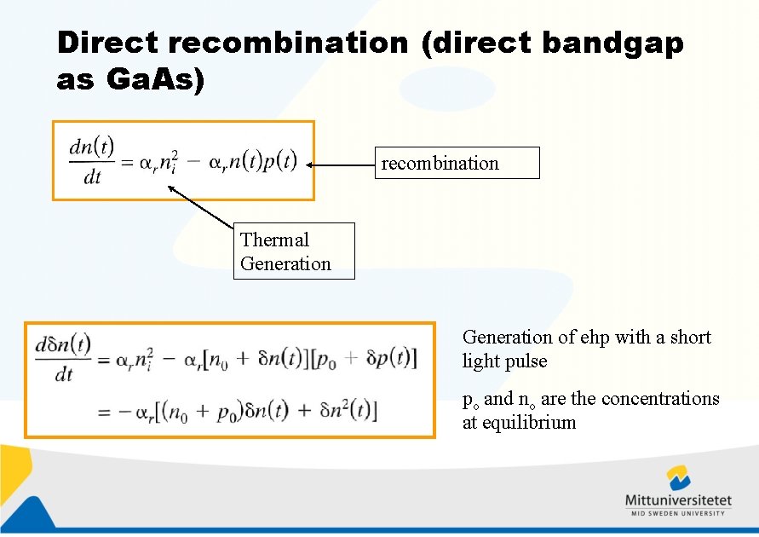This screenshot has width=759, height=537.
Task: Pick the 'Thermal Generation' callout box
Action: (x=294, y=251)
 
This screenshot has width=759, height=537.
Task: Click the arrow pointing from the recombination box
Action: (x=341, y=165)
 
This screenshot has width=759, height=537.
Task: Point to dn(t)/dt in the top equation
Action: (x=92, y=161)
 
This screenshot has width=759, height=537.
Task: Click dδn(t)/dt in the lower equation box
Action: (x=64, y=358)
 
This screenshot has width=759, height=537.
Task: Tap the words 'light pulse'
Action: (x=504, y=361)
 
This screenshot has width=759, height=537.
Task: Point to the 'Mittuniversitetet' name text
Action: (x=678, y=500)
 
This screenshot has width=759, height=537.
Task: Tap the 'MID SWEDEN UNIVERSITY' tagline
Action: (x=678, y=513)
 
